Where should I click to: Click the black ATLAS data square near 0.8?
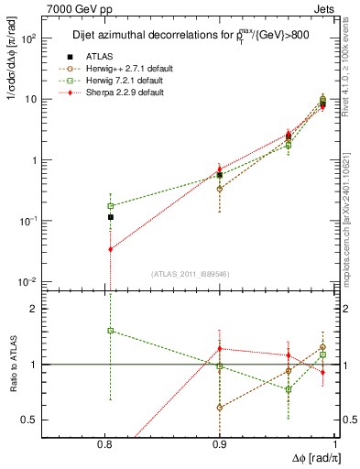coord(110,217)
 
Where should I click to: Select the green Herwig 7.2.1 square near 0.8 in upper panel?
coord(110,206)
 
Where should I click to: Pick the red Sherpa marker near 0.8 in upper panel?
coord(110,249)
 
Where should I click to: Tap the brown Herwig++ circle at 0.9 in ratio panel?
coord(220,407)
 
